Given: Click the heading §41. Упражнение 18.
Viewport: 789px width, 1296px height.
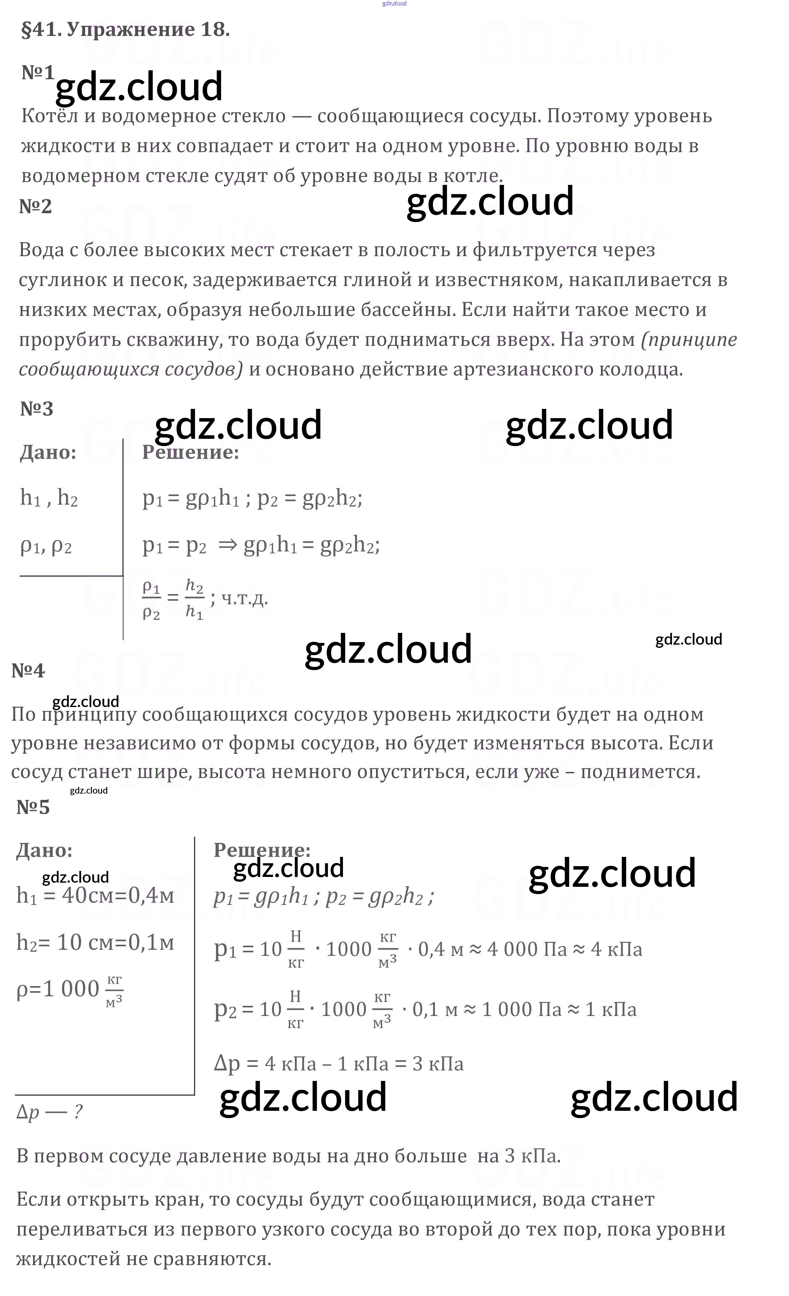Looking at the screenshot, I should tap(125, 30).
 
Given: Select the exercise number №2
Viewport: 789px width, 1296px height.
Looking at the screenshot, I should tap(35, 207).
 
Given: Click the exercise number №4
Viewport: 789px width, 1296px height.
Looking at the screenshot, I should tap(28, 671).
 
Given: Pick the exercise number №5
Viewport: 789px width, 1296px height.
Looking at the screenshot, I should tap(33, 807).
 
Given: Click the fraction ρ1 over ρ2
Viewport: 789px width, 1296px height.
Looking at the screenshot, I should tap(151, 599).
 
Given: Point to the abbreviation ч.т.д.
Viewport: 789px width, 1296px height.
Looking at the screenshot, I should tap(245, 599).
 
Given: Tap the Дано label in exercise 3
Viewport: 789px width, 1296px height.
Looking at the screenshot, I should tap(48, 452).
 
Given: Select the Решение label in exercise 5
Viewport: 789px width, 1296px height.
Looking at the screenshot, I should tap(262, 850).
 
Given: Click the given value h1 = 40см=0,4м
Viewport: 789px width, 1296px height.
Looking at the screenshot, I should tap(95, 895).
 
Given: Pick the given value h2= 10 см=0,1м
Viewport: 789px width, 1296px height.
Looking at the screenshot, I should tap(95, 942).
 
